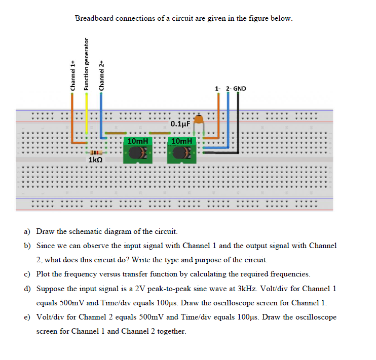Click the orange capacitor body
click(199, 119)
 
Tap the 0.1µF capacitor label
click(180, 124)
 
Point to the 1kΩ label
click(96, 160)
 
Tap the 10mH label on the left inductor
click(138, 140)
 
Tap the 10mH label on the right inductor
click(181, 140)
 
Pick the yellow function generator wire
click(86, 116)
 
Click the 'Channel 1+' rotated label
click(72, 75)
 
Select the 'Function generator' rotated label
click(86, 65)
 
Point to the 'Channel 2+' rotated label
click(101, 75)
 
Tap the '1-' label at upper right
click(218, 89)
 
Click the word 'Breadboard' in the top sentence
click(95, 18)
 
